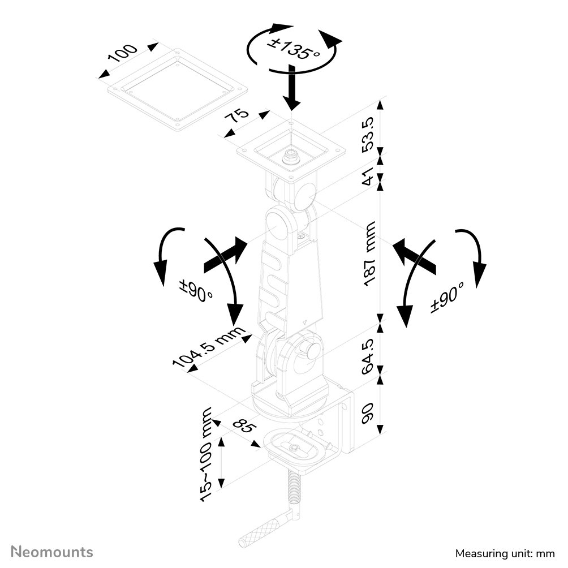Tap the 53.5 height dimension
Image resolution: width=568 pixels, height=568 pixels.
[x=368, y=135]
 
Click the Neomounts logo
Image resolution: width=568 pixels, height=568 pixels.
[x=53, y=552]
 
